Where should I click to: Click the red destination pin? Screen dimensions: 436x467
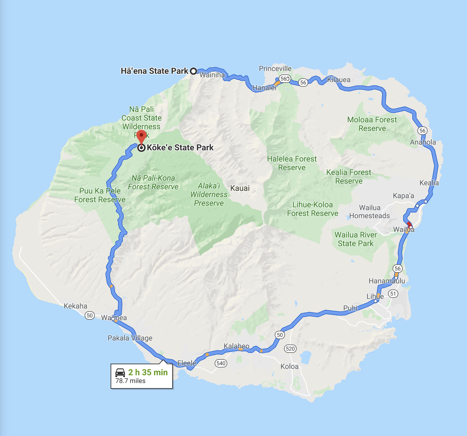click(x=141, y=136)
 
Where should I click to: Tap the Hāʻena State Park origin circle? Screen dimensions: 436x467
click(x=193, y=71)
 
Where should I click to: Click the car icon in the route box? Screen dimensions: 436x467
click(x=120, y=373)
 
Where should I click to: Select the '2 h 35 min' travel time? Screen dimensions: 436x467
click(x=148, y=372)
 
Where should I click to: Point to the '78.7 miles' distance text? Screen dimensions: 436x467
click(x=130, y=381)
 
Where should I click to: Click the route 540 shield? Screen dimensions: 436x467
click(x=221, y=363)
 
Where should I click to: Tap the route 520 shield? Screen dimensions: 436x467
click(x=290, y=348)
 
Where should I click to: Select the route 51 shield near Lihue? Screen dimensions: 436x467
click(x=393, y=294)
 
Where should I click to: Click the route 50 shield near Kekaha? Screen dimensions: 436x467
click(x=90, y=315)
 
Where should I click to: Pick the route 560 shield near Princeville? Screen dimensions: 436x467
click(x=285, y=79)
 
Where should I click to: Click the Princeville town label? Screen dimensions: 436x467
click(x=275, y=69)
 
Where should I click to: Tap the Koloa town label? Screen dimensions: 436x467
click(x=289, y=367)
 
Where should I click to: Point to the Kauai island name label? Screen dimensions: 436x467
click(x=240, y=188)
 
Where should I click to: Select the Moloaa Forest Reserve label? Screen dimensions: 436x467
click(x=372, y=124)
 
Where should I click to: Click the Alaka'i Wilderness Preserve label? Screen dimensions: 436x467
click(x=209, y=194)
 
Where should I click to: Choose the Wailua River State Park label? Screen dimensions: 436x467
click(x=355, y=239)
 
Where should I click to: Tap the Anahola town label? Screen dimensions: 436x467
click(x=423, y=142)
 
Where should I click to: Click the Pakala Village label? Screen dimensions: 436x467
click(x=130, y=338)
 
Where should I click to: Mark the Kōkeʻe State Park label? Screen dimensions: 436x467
click(x=180, y=148)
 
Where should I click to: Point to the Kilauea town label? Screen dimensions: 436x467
click(x=338, y=80)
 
